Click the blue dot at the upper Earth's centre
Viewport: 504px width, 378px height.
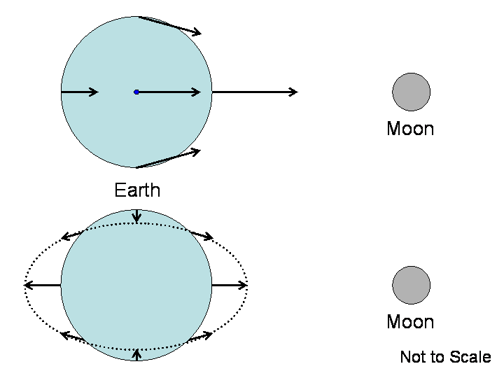point(136,92)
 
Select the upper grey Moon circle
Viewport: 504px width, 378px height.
point(411,92)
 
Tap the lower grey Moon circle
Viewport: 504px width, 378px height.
point(411,285)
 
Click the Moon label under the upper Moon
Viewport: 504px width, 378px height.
point(410,129)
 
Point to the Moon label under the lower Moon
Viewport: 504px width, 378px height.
point(410,322)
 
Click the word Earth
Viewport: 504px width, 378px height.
point(137,190)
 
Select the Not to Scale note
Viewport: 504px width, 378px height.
point(445,357)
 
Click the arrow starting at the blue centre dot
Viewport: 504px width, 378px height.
point(170,92)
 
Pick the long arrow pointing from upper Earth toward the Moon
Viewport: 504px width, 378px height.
point(255,92)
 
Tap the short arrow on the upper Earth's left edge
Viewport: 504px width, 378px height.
point(80,92)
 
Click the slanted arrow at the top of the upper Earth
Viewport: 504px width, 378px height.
point(170,25)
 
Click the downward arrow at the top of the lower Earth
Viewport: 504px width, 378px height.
point(136,216)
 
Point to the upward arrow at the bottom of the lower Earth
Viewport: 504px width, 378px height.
point(136,354)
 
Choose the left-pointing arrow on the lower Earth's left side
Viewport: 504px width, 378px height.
point(43,285)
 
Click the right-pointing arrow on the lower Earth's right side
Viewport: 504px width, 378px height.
point(230,285)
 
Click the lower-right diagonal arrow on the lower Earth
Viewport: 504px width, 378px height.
point(200,337)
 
